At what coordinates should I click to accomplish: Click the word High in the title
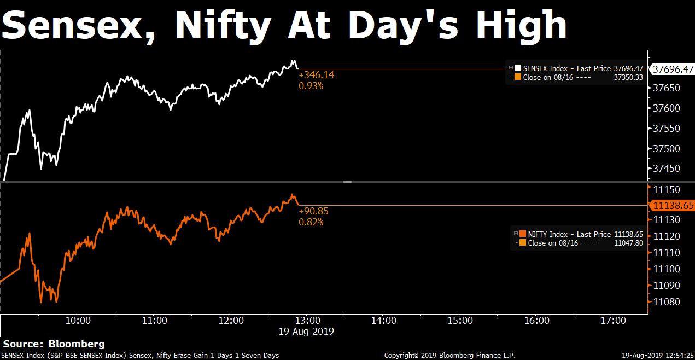pos(521,25)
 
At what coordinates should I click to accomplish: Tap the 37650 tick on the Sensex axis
pos(667,88)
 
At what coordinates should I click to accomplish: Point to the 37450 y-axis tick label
pos(667,169)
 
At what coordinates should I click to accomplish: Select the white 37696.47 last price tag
pos(673,69)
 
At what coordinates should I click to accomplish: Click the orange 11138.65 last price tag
pos(673,206)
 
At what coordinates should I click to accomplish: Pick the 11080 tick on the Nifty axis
pos(667,301)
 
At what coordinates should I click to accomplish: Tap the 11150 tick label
pos(667,190)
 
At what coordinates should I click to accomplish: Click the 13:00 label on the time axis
pos(307,320)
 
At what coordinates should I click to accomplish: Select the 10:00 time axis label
pos(78,320)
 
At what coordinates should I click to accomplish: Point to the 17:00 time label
pos(613,320)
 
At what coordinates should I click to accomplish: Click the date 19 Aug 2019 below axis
pos(306,332)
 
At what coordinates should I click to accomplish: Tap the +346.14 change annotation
pos(317,75)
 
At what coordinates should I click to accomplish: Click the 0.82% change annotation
pos(311,222)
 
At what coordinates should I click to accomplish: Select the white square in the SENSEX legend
pos(517,68)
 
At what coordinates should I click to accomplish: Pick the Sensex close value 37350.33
pos(628,77)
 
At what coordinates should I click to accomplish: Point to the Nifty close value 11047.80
pos(629,243)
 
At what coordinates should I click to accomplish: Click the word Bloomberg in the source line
pos(77,344)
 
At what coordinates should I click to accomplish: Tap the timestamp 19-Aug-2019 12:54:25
pos(658,355)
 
